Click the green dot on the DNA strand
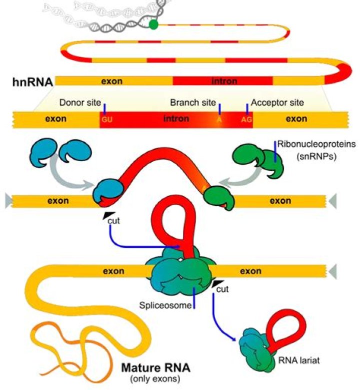coord(153,24)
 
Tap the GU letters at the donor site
coord(107,120)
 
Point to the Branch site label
coord(192,103)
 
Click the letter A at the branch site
coord(218,120)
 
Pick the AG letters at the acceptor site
coord(246,120)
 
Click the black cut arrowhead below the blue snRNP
coord(107,214)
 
